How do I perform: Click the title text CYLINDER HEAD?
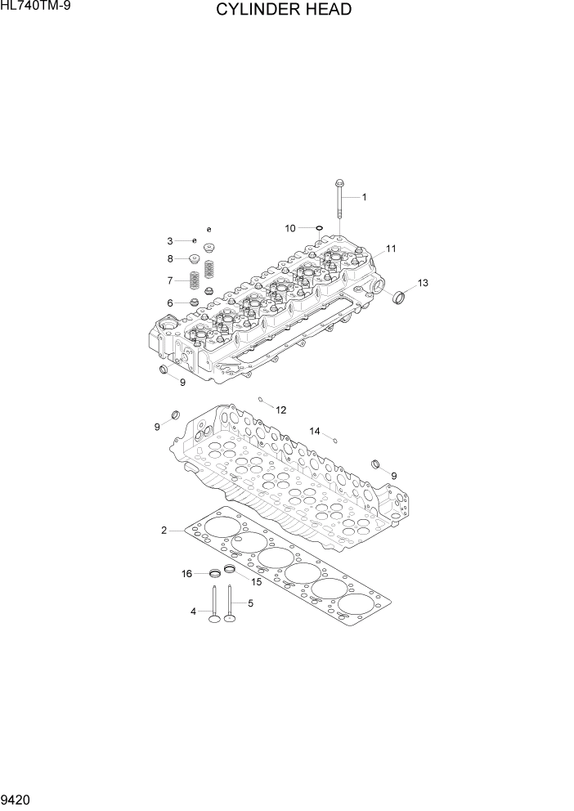point(284,11)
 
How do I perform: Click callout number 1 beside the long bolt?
point(365,197)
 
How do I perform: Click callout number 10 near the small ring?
point(290,229)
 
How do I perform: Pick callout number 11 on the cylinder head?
point(391,249)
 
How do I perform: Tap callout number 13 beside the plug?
point(422,283)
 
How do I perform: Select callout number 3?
point(170,241)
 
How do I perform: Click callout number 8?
point(171,259)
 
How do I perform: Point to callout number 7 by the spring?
point(171,280)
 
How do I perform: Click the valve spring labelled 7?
point(195,280)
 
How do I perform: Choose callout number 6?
point(170,303)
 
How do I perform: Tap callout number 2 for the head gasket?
point(164,531)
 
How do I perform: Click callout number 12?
point(280,410)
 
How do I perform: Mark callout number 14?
point(315,431)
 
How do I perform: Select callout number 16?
point(187,574)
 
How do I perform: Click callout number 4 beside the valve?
point(193,611)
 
